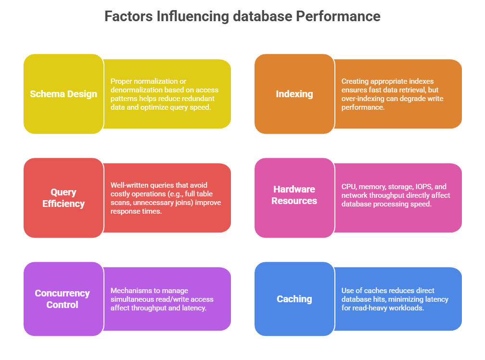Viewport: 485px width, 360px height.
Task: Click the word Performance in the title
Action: (338, 16)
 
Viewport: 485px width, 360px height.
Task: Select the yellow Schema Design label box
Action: (63, 94)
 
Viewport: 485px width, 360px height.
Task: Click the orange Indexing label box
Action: (294, 94)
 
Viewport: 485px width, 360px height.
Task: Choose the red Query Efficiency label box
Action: (63, 198)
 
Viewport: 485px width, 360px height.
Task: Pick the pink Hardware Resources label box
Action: (294, 195)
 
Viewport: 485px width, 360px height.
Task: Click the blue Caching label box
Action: (294, 299)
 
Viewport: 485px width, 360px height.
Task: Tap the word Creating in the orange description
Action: (355, 81)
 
